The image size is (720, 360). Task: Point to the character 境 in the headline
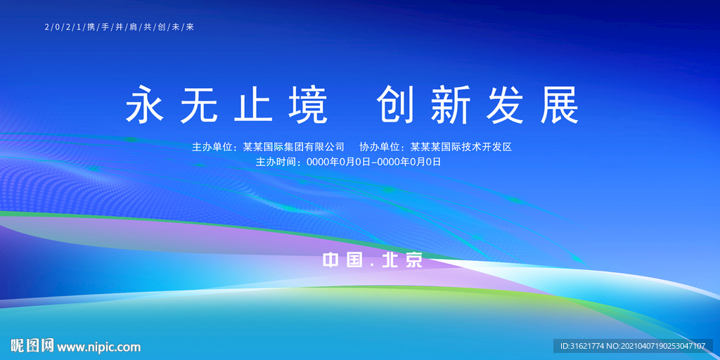pos(308,105)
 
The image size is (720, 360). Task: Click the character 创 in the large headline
pos(398,105)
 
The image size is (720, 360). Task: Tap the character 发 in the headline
pos(506,105)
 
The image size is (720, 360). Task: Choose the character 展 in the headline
pos(559,105)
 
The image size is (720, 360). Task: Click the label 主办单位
pos(214,147)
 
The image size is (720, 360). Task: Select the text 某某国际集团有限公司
pos(294,147)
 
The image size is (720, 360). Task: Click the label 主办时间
pos(278,162)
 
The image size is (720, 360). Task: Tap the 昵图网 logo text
pos(32,346)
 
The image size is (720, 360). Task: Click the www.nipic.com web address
pos(99,347)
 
